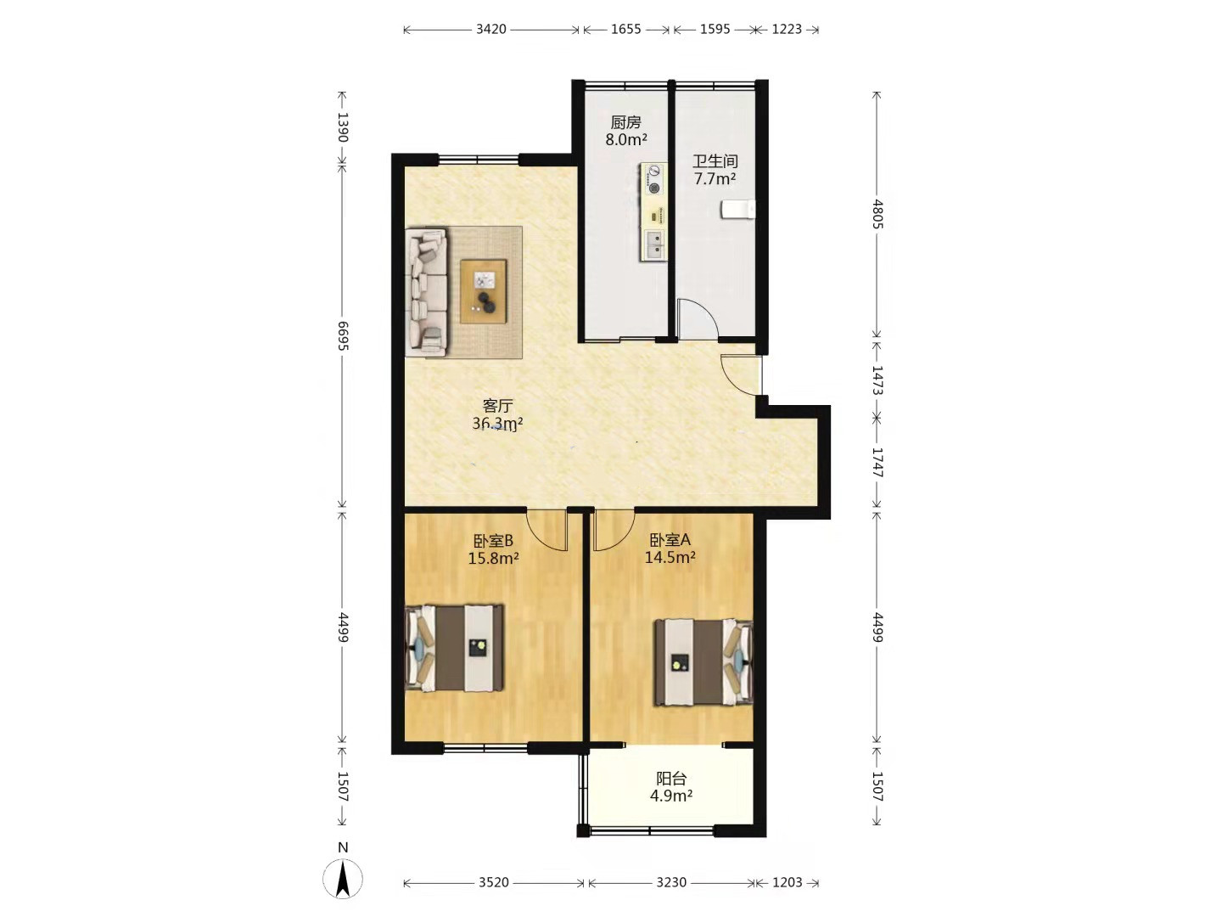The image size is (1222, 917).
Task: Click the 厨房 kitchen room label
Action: [x=625, y=122]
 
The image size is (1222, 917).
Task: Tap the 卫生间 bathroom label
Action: [x=715, y=161]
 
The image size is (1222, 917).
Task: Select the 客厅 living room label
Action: [x=497, y=406]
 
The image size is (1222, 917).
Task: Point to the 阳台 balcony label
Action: [x=671, y=778]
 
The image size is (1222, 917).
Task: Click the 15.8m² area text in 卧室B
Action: [x=493, y=558]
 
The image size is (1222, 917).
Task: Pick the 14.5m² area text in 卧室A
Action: [x=670, y=557]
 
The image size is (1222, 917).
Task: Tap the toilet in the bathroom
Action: [x=737, y=210]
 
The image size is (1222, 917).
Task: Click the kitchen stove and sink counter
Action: [x=653, y=211]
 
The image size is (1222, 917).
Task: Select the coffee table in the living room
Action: [x=483, y=291]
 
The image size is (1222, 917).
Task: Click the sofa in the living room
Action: [x=427, y=291]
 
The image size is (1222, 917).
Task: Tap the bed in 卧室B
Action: [x=455, y=648]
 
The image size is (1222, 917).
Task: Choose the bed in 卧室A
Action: [x=703, y=662]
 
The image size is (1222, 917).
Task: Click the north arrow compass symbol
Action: [x=343, y=879]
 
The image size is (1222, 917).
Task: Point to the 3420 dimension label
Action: [x=491, y=29]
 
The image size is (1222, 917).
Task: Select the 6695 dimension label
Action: [x=342, y=335]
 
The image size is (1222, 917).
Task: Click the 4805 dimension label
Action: [x=877, y=214]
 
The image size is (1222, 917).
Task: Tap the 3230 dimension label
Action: [x=671, y=882]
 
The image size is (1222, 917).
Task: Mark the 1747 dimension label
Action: [x=877, y=462]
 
